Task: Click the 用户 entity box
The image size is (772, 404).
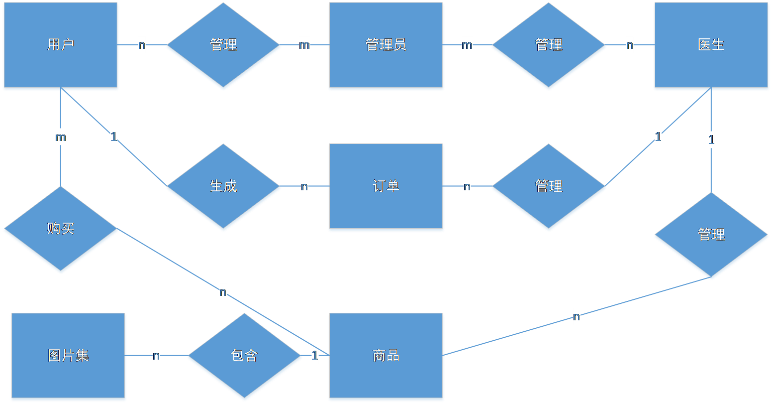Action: click(61, 46)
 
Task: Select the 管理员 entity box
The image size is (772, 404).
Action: click(386, 46)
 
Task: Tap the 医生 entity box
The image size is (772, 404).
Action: click(711, 46)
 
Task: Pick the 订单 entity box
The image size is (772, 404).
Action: click(386, 187)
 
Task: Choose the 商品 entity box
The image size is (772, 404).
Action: click(386, 357)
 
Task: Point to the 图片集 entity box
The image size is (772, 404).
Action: click(68, 357)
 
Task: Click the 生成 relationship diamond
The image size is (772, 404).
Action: click(223, 187)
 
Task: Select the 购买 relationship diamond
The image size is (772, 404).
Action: click(61, 230)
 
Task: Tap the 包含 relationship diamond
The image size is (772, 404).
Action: click(244, 357)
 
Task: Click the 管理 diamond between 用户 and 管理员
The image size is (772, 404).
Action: click(223, 46)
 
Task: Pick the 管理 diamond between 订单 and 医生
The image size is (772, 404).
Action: click(549, 187)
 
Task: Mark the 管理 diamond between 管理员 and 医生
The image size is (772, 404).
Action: click(549, 46)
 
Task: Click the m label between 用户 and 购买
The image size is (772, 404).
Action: click(60, 137)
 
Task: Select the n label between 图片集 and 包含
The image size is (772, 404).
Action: click(156, 356)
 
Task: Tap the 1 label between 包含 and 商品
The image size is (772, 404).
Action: click(315, 356)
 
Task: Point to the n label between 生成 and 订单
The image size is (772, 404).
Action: click(304, 187)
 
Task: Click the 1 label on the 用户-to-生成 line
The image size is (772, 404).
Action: click(114, 137)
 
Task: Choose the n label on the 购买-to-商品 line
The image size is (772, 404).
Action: click(223, 292)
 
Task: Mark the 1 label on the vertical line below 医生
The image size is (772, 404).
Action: click(711, 139)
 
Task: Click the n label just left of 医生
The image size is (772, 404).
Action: click(630, 45)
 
